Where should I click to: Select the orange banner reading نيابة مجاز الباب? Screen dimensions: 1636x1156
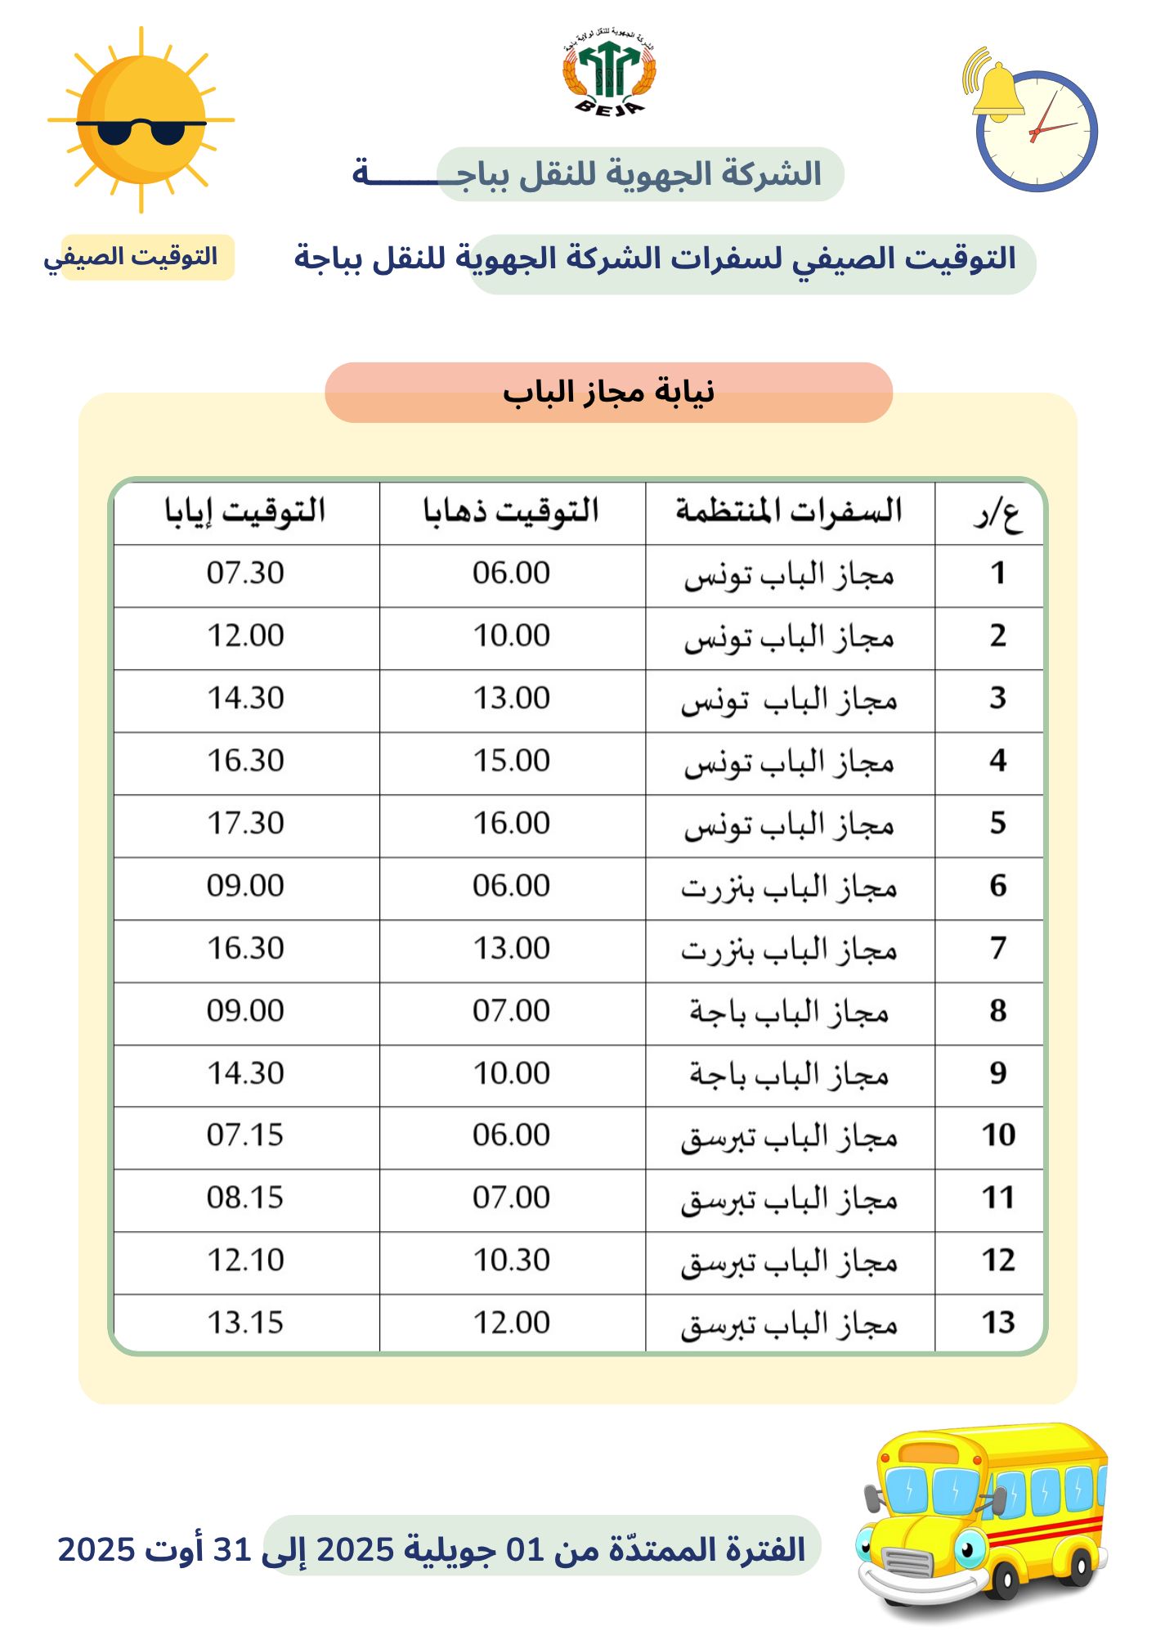coord(608,393)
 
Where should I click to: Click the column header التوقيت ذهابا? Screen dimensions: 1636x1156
coord(512,512)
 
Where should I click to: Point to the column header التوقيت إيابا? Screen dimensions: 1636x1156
coord(245,512)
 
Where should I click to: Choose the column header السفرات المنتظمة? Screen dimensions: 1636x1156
coord(789,512)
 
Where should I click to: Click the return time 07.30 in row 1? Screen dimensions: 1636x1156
coord(245,573)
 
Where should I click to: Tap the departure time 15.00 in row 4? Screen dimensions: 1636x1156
coord(512,761)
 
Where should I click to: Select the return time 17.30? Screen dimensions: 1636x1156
coord(245,823)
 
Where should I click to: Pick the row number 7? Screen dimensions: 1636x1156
coord(997,948)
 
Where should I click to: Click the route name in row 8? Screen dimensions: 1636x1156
coord(789,1012)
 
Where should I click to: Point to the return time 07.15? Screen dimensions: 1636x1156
coord(245,1135)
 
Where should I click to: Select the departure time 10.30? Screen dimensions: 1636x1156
coord(512,1261)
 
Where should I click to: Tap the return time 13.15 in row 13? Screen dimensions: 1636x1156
coord(245,1323)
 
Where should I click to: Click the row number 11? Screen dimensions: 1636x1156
coord(997,1198)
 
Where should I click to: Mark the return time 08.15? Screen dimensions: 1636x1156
coord(245,1198)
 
